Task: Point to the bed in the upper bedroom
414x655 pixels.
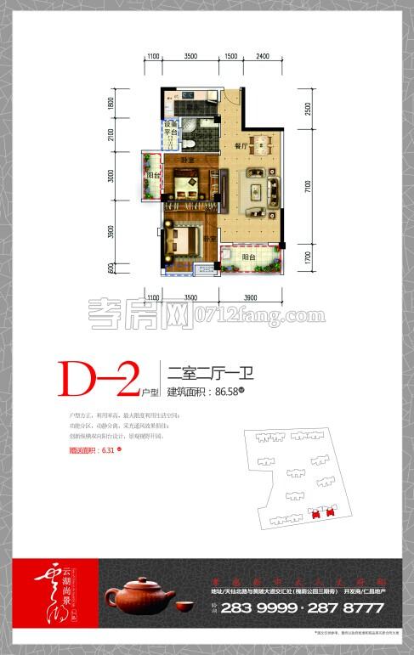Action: (x=184, y=179)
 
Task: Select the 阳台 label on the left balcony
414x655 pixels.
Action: (x=152, y=177)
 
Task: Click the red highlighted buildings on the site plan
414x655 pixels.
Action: (x=321, y=513)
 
